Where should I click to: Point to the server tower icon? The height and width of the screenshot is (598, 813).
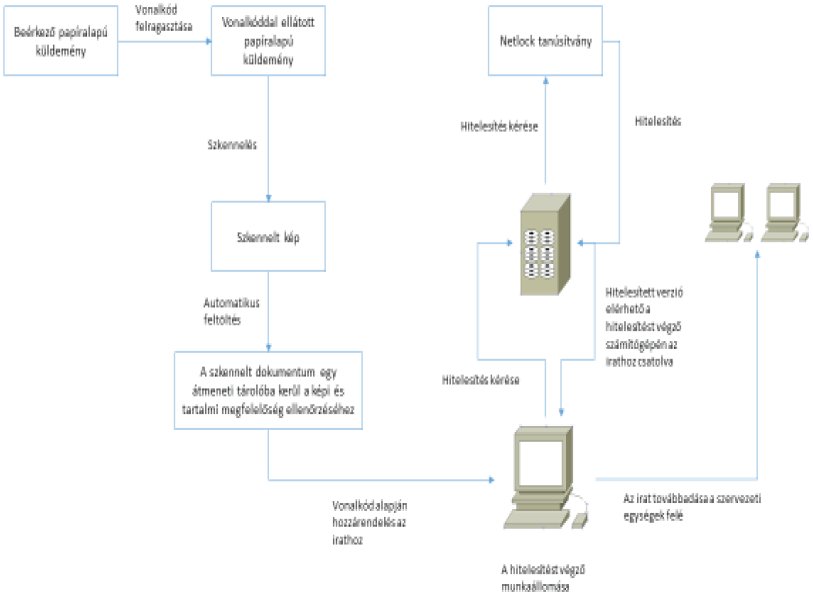point(546,240)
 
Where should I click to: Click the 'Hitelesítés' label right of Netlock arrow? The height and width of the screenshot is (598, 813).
point(659,122)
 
